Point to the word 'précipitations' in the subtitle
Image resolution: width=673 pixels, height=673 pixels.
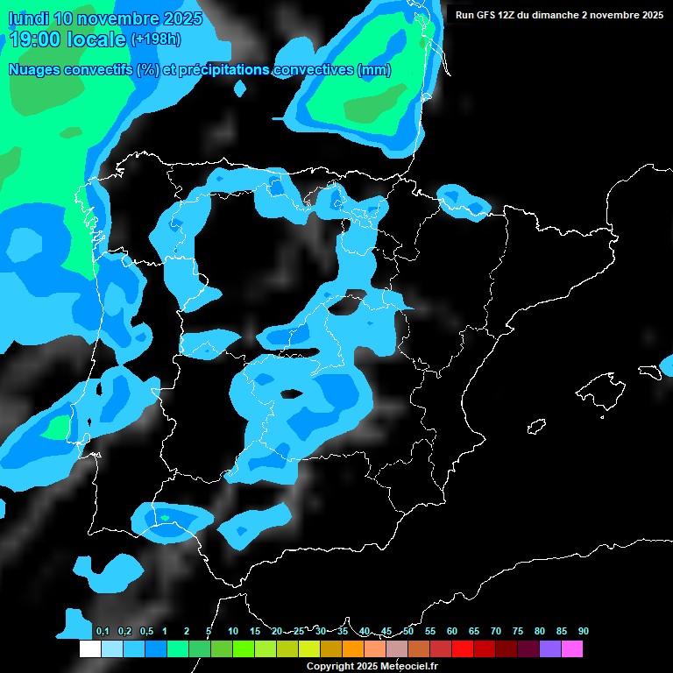click(223, 70)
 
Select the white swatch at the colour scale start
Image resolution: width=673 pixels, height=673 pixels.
click(90, 649)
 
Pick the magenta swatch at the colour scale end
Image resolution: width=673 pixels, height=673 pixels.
click(572, 649)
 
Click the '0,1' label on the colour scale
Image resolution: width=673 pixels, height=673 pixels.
click(103, 632)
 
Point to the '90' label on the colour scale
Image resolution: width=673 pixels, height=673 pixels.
click(584, 632)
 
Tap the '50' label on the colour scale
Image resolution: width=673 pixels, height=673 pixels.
click(408, 632)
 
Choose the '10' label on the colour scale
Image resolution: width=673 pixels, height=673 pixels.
click(233, 632)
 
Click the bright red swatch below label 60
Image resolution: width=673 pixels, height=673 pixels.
click(463, 649)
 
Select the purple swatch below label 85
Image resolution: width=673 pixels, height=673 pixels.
click(550, 649)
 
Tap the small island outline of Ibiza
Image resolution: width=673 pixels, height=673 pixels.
click(536, 426)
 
